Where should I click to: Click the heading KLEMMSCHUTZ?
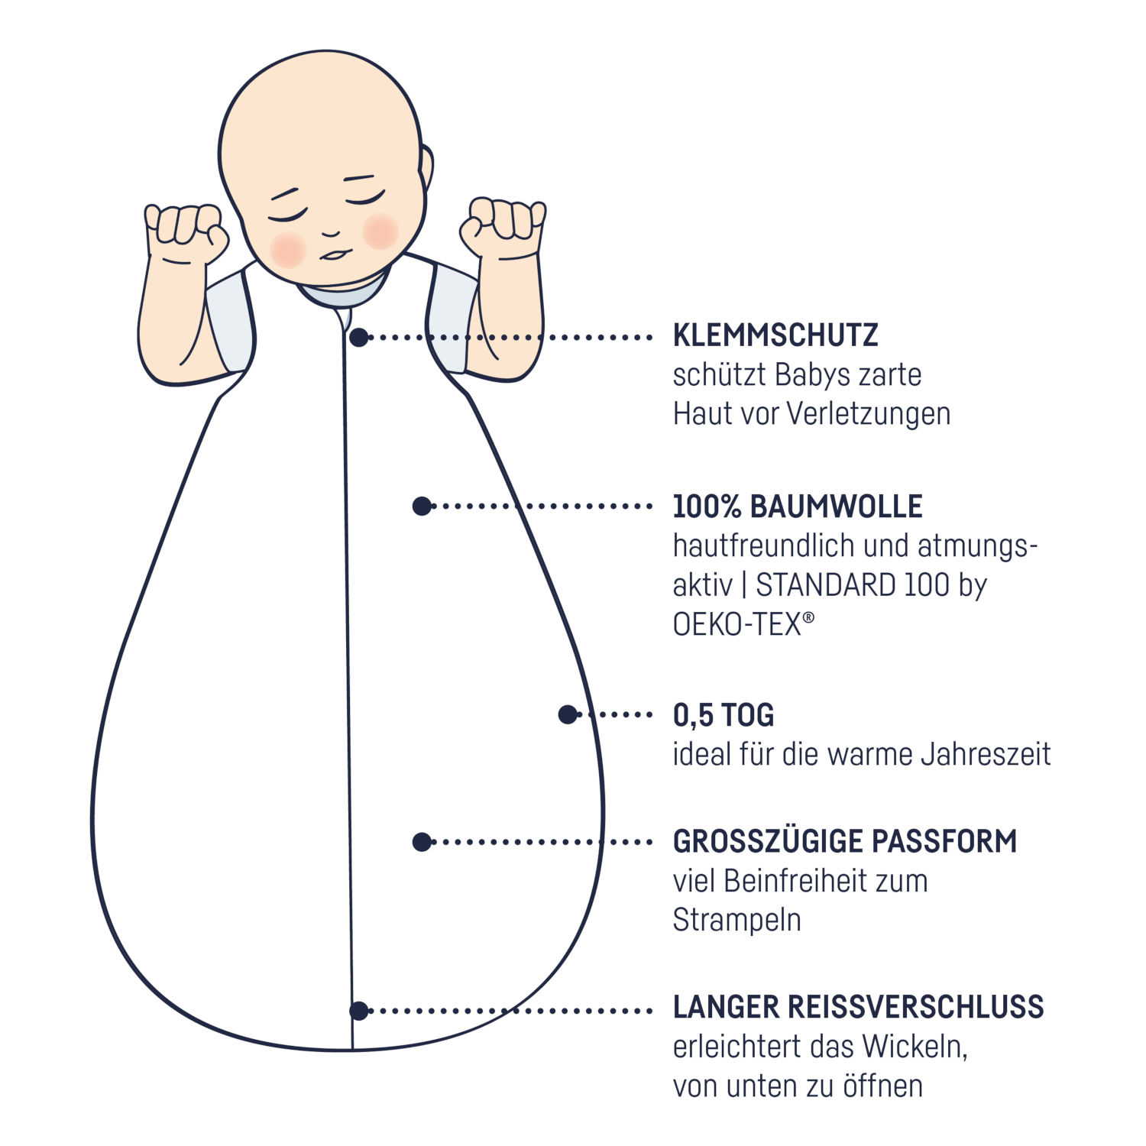pyautogui.click(x=775, y=335)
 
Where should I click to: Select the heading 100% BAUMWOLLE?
pyautogui.click(x=798, y=507)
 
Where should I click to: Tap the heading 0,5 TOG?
pyautogui.click(x=724, y=716)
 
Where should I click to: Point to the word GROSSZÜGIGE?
pyautogui.click(x=766, y=840)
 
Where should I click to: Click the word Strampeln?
pyautogui.click(x=736, y=921)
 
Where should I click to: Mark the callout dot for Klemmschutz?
pyautogui.click(x=359, y=337)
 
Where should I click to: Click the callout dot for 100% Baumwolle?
pyautogui.click(x=422, y=506)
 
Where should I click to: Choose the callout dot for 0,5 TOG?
pyautogui.click(x=568, y=714)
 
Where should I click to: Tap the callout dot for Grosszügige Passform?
pyautogui.click(x=422, y=842)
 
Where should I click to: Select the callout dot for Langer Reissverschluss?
pyautogui.click(x=359, y=1011)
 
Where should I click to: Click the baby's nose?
pyautogui.click(x=331, y=231)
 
